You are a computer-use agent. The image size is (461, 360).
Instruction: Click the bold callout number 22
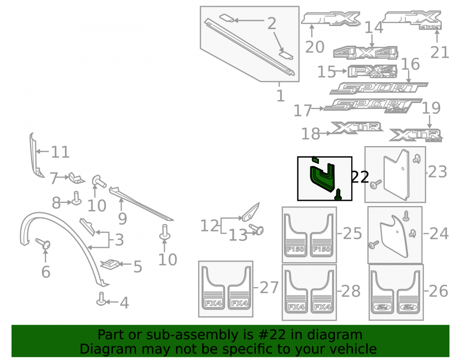coord(360,177)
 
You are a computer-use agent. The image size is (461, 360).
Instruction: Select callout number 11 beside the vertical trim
coord(60,152)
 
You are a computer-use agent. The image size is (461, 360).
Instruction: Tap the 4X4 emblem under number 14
coord(366,53)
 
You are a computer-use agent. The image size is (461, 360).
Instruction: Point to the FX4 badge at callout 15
coord(372,71)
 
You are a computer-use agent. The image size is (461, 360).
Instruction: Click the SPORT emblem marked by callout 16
coord(378,88)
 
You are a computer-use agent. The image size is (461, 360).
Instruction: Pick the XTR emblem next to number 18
coord(357,128)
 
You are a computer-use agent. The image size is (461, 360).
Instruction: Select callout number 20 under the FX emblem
coord(314,47)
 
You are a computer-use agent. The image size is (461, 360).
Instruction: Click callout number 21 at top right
coord(440,52)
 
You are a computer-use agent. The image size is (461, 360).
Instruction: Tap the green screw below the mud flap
coord(338,195)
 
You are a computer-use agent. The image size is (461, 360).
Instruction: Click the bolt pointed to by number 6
coord(43,244)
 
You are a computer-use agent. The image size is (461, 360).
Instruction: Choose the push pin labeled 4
coord(101,299)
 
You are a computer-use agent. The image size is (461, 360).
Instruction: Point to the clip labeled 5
coord(110,264)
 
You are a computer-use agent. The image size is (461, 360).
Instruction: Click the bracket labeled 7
coord(76,178)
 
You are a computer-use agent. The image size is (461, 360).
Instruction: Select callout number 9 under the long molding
coord(122,218)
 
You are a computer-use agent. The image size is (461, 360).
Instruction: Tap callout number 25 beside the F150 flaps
coord(352,234)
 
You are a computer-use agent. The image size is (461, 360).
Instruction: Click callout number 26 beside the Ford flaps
coord(438,291)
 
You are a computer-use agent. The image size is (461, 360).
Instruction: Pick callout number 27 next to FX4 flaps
coord(269,288)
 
